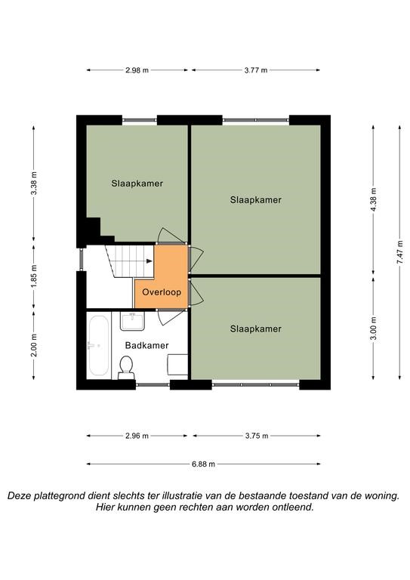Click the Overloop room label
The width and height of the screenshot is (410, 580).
[162, 292]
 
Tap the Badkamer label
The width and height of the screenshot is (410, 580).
[146, 345]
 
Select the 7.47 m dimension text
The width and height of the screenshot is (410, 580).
[399, 252]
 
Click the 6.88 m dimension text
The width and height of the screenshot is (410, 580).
[203, 464]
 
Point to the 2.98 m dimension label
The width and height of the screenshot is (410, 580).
[137, 70]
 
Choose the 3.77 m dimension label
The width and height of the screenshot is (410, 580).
[256, 70]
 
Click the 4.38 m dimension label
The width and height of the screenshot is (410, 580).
[374, 199]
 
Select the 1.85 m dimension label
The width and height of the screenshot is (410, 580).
[34, 276]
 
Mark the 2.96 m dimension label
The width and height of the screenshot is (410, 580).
[137, 436]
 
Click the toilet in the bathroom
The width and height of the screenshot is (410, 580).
[126, 368]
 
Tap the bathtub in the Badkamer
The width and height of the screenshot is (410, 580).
[98, 345]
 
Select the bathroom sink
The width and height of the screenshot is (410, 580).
[132, 321]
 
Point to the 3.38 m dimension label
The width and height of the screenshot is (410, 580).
[34, 183]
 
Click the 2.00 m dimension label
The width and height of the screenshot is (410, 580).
[34, 345]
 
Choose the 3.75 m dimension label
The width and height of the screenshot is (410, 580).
[257, 436]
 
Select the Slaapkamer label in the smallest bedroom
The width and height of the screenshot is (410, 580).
[255, 329]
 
